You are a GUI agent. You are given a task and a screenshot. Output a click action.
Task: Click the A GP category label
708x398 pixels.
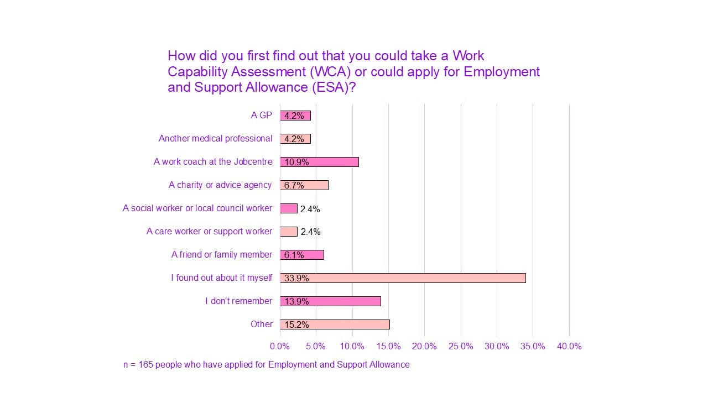pyautogui.click(x=261, y=116)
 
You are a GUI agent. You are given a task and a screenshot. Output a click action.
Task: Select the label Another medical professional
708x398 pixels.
pyautogui.click(x=215, y=139)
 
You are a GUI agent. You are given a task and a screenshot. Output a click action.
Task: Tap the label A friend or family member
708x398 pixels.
pyautogui.click(x=221, y=255)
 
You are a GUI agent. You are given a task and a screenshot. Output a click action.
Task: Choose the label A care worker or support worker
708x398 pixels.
pyautogui.click(x=209, y=232)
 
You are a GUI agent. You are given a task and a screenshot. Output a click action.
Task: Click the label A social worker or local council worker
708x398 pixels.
pyautogui.click(x=197, y=208)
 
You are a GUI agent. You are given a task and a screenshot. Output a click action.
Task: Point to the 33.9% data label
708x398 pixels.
pyautogui.click(x=296, y=279)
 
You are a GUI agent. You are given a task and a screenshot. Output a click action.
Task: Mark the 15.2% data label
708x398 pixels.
pyautogui.click(x=296, y=325)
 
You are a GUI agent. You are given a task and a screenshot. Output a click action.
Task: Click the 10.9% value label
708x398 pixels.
pyautogui.click(x=296, y=163)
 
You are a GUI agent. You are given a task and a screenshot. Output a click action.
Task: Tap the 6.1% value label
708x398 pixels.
pyautogui.click(x=294, y=255)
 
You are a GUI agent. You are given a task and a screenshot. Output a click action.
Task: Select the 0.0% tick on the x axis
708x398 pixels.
pyautogui.click(x=280, y=347)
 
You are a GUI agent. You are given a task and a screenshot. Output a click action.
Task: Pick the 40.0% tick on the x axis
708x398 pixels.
pyautogui.click(x=569, y=347)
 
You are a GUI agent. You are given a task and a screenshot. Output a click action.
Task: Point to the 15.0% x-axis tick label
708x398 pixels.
pyautogui.click(x=388, y=347)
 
